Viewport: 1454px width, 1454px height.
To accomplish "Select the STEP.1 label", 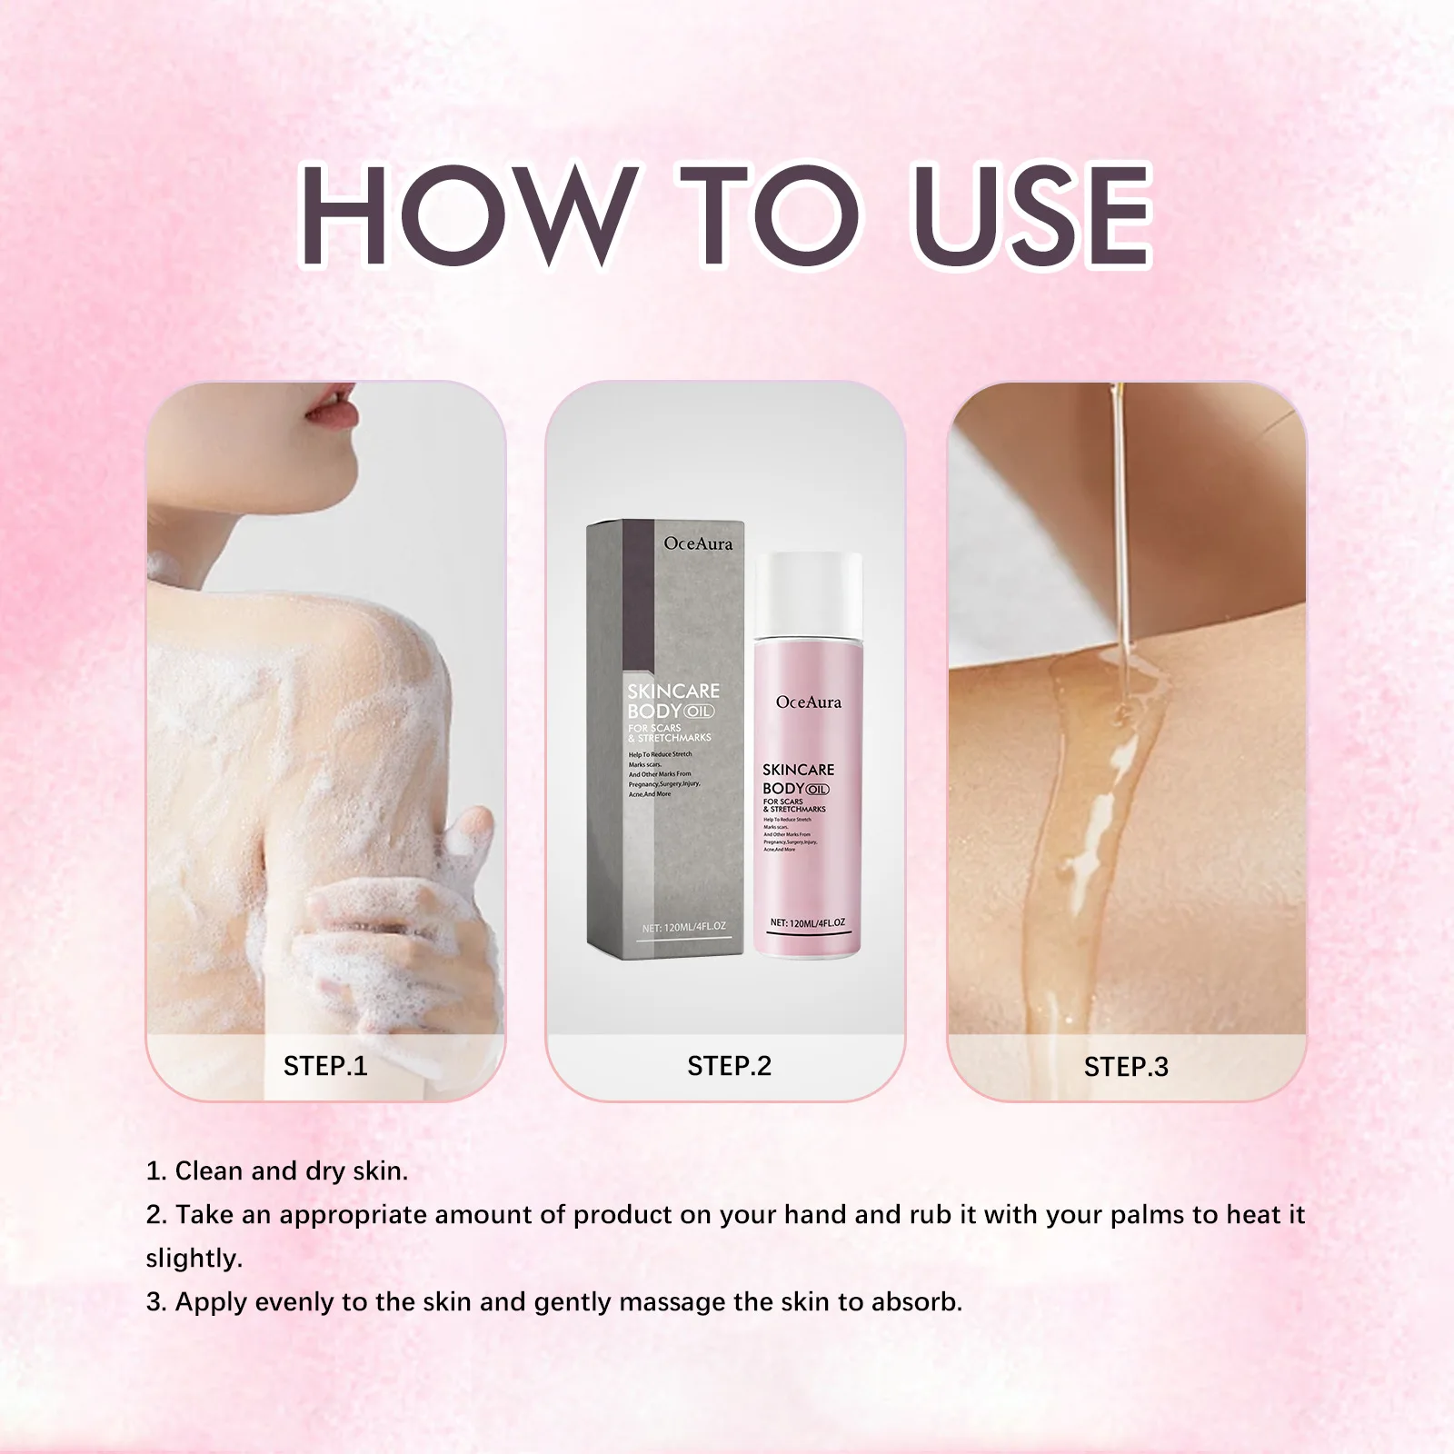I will pos(325,1065).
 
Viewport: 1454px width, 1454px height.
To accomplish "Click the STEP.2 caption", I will pos(729,1065).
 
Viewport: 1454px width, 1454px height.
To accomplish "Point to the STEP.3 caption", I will pos(1126,1067).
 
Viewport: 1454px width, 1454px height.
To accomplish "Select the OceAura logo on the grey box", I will pos(698,543).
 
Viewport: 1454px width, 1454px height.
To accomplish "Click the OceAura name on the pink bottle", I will pos(809,702).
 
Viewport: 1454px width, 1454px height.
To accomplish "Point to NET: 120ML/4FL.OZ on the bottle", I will pos(808,922).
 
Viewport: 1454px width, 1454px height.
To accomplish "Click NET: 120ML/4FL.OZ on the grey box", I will pos(684,927).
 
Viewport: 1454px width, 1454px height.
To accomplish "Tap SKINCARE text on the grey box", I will pos(673,692).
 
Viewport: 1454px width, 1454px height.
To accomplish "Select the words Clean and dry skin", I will pos(291,1170).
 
